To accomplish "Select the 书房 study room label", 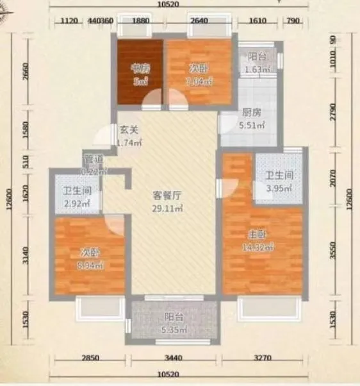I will coord(140,68).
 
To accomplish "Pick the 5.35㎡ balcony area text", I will coord(173,330).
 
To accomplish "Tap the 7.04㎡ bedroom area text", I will coord(199,81).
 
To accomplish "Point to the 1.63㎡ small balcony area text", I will coord(259,71).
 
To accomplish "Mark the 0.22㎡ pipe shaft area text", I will coord(95,171).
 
